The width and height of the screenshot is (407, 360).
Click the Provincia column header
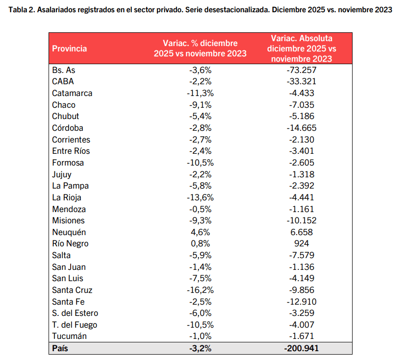pyautogui.click(x=70, y=48)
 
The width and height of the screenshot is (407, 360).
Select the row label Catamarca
pyautogui.click(x=72, y=93)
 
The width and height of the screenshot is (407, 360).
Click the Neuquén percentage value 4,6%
pyautogui.click(x=200, y=232)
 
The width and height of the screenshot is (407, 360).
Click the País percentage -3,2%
pyautogui.click(x=200, y=348)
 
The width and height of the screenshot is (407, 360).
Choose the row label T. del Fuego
pyautogui.click(x=75, y=325)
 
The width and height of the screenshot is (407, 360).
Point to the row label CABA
pyautogui.click(x=63, y=81)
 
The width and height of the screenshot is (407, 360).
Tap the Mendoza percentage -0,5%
pyautogui.click(x=200, y=209)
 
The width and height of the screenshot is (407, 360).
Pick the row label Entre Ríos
pyautogui.click(x=71, y=151)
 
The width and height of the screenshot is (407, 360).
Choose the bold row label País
pyautogui.click(x=60, y=348)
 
